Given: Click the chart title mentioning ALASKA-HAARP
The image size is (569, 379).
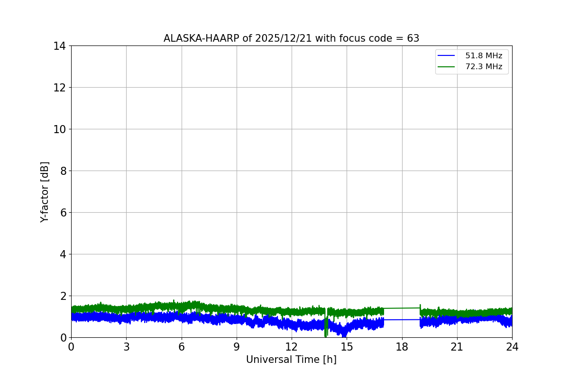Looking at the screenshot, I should click(291, 38).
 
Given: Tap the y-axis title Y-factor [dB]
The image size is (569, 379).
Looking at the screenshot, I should click(45, 192).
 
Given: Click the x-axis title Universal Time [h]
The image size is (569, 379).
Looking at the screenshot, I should click(291, 360).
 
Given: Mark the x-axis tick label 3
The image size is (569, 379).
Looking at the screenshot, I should click(126, 347).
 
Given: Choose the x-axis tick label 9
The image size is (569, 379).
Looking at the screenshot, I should click(237, 347).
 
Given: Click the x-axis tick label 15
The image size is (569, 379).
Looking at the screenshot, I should click(347, 347).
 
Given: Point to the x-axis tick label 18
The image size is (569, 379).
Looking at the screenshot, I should click(402, 347).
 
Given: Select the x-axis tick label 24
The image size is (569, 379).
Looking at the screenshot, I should click(512, 347).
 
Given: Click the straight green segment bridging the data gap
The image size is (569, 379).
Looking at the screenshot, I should click(402, 308).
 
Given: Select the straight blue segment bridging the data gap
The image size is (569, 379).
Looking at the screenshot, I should click(402, 320).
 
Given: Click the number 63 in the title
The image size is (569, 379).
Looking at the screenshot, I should click(413, 38).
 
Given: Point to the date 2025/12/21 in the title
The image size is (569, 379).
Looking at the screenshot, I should click(284, 38).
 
